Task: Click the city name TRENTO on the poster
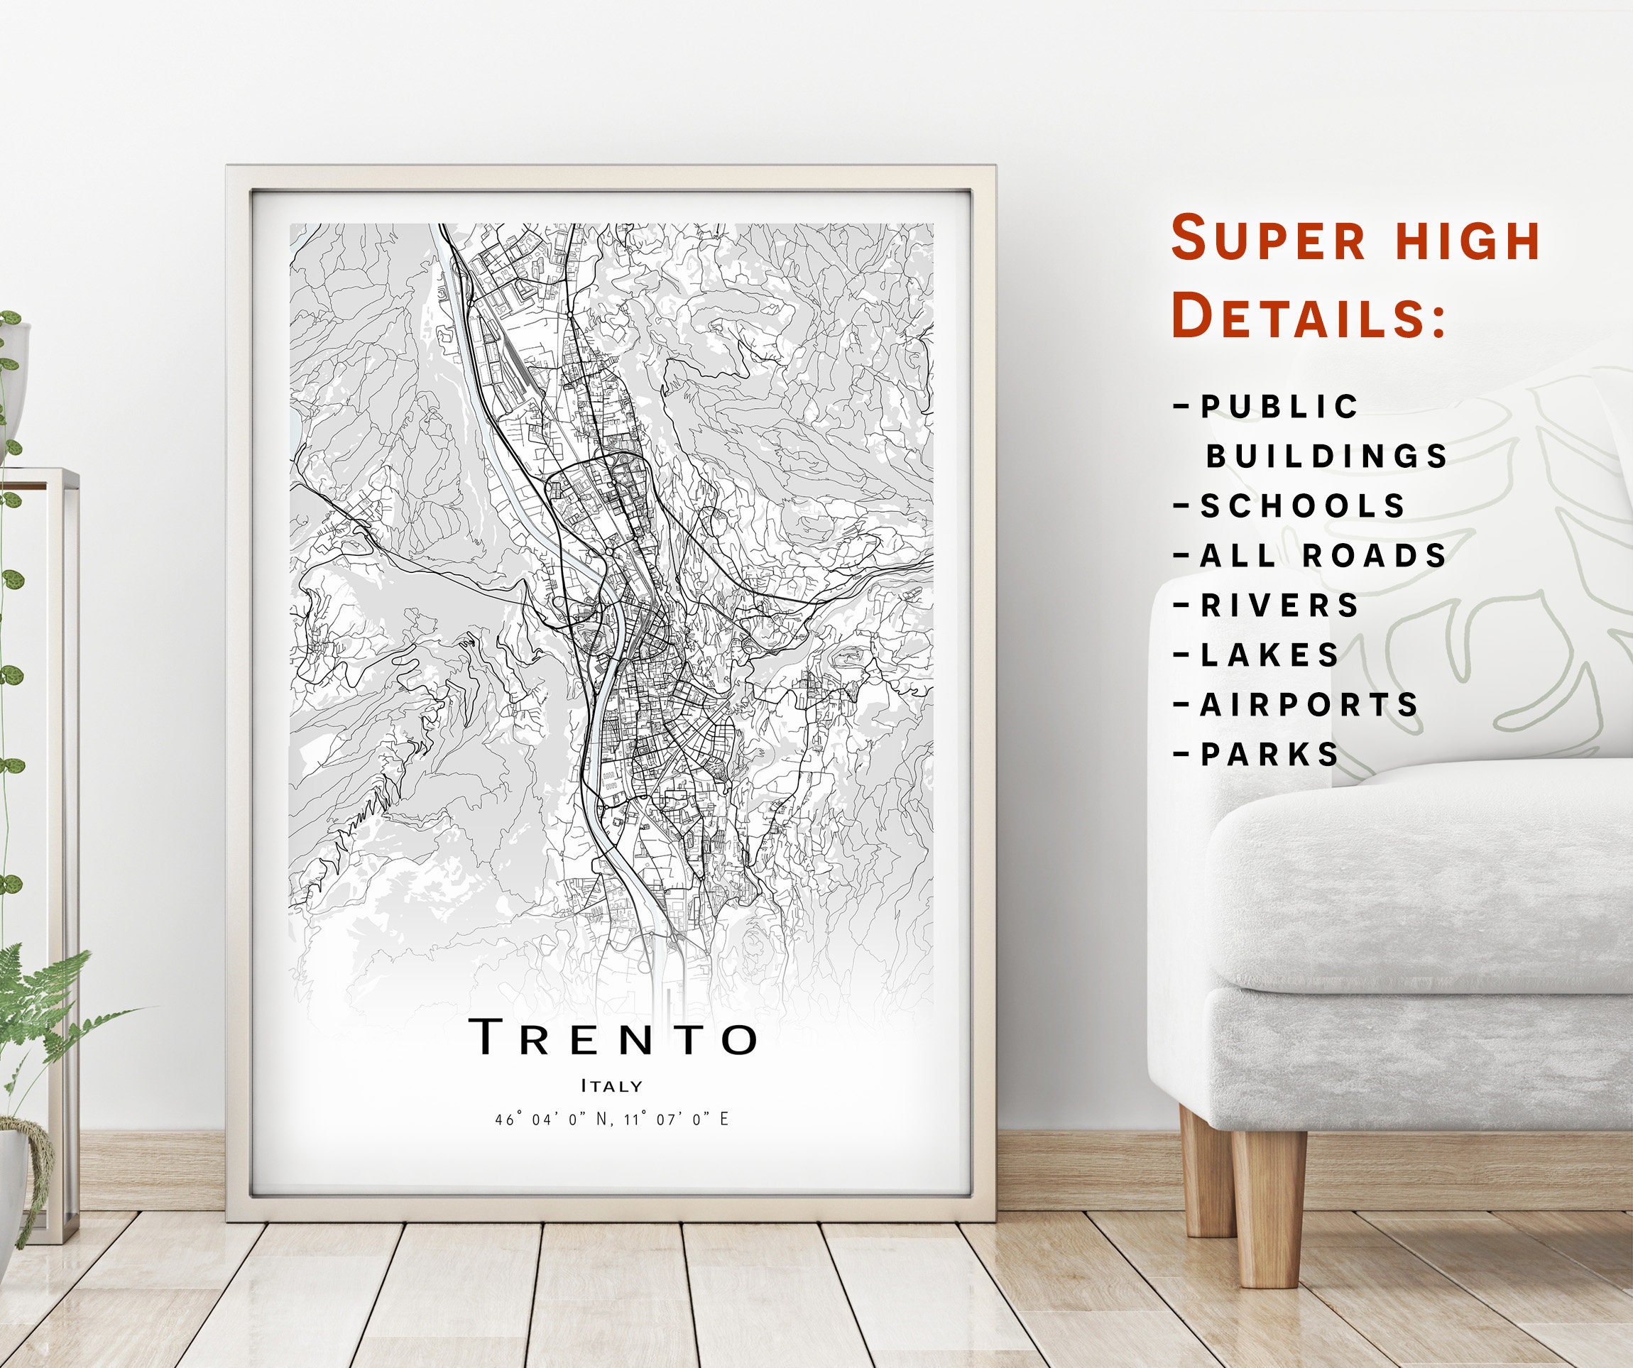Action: point(613,1036)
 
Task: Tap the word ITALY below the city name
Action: point(612,1085)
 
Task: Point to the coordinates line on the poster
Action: point(612,1119)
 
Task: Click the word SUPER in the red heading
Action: point(1268,239)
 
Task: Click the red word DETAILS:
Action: point(1309,315)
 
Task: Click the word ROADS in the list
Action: point(1375,555)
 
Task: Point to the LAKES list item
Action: point(1270,655)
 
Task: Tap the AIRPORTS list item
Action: point(1309,705)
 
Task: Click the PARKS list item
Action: point(1270,755)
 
